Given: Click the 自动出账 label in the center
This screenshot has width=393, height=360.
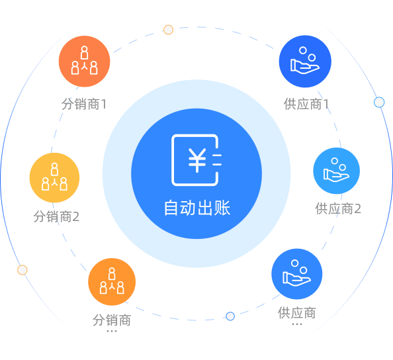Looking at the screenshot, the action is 197,208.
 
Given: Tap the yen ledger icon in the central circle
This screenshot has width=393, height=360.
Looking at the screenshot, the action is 196,160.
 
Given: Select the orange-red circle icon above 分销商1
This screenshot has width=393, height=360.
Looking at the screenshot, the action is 85,62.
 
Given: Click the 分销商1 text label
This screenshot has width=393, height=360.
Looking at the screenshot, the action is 84,104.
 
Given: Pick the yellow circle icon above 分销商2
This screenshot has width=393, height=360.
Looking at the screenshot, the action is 54,177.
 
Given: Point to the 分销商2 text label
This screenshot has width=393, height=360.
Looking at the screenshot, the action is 56,216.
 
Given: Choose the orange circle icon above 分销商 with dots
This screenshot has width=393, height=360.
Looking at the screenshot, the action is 112,282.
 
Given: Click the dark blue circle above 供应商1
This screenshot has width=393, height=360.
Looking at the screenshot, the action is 305,62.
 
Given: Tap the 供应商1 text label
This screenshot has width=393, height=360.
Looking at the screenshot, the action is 306,104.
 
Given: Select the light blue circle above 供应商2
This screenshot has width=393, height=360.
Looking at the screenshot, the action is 336,171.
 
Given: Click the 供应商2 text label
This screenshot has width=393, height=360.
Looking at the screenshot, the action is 338,208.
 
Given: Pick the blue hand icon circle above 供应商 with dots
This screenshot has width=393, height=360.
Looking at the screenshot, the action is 297,274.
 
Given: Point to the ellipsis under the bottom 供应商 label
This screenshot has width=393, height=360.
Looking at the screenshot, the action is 297,324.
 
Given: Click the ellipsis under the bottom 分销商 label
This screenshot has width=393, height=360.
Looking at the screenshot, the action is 112,331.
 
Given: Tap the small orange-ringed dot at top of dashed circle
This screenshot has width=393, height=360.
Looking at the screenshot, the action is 168,30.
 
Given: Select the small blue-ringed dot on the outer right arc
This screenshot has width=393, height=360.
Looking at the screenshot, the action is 379,102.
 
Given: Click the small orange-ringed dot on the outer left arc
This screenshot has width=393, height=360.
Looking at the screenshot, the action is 22,270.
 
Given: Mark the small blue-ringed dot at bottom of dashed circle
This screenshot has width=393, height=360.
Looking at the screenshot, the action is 230,316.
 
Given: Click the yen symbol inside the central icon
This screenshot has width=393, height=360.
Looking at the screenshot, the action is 197,160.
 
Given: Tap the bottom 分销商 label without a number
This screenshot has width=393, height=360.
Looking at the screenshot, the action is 112,320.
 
